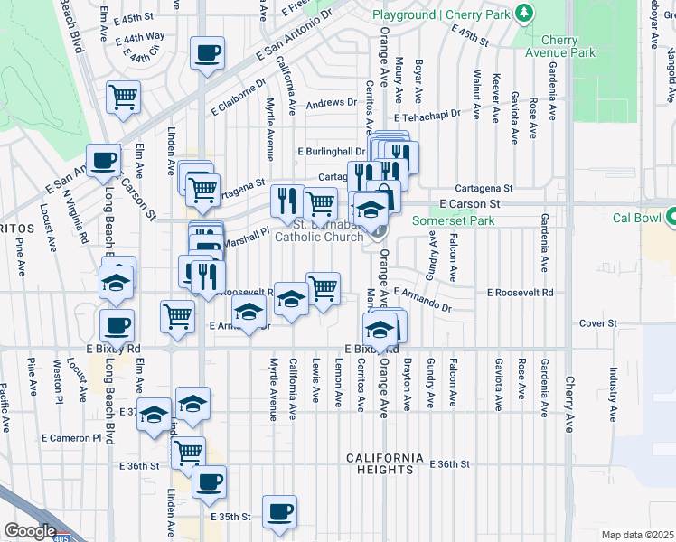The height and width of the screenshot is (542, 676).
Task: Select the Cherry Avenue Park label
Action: click(x=568, y=46)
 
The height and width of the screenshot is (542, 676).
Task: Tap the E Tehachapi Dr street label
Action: click(x=425, y=114)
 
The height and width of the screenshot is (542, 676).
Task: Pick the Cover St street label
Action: click(x=597, y=322)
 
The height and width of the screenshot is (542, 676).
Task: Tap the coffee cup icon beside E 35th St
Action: click(x=278, y=512)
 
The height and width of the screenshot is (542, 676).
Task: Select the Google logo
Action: click(x=31, y=531)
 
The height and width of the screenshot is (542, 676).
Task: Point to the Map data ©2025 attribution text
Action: click(x=638, y=535)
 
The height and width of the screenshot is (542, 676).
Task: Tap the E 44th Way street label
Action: click(x=145, y=36)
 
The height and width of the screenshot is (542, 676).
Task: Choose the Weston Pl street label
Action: click(x=57, y=381)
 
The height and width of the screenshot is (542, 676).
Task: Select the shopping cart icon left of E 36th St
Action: click(x=187, y=453)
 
